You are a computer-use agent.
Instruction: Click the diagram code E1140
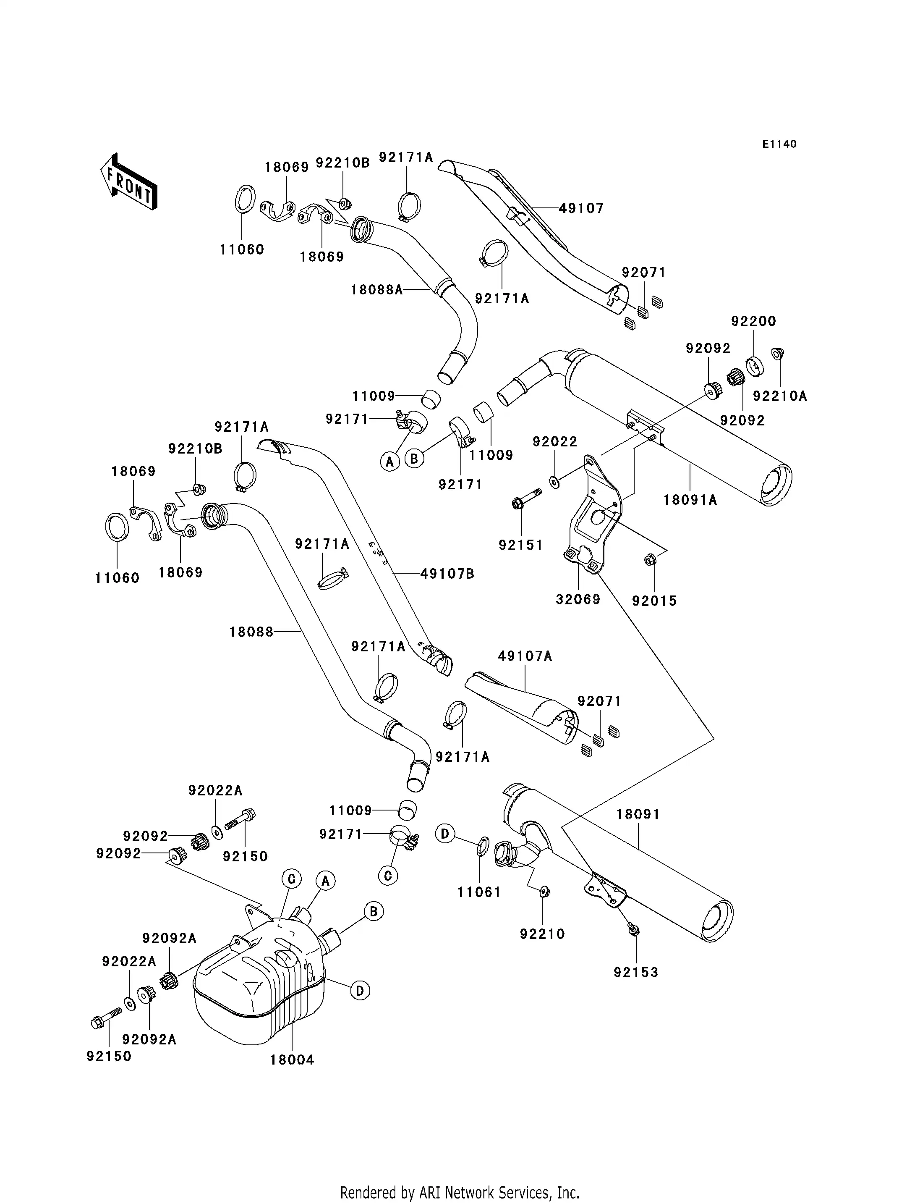[x=779, y=144]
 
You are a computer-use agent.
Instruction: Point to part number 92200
[x=753, y=321]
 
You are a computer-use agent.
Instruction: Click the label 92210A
[x=780, y=396]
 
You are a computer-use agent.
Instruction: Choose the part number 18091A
[x=690, y=500]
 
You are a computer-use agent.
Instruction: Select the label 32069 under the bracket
[x=578, y=600]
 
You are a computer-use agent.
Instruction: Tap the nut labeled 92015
[x=650, y=560]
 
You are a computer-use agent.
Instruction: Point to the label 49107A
[x=525, y=656]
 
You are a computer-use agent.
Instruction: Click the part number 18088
[x=251, y=632]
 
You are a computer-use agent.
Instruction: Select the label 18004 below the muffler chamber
[x=292, y=1060]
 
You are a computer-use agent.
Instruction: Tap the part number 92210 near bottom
[x=542, y=934]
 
